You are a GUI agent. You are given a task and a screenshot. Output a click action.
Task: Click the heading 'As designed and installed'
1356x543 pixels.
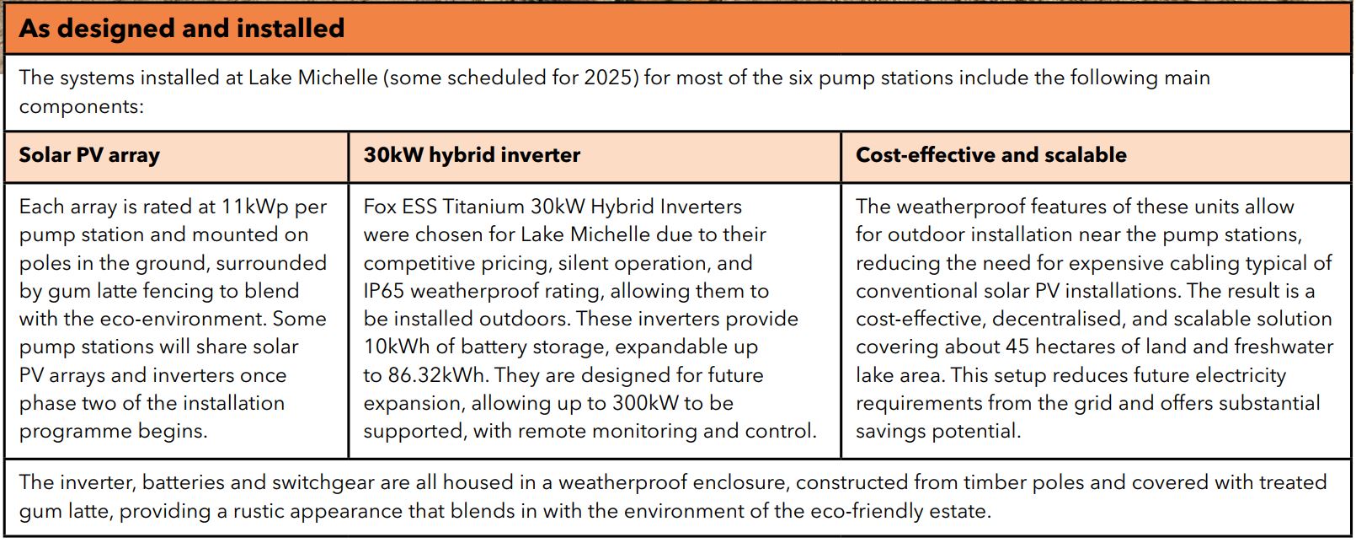[182, 29]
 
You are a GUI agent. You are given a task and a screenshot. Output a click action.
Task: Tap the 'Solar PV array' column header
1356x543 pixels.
[89, 155]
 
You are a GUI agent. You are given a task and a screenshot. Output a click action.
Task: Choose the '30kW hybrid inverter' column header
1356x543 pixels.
[472, 155]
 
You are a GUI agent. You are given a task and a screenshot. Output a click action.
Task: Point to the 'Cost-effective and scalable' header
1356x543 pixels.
[990, 155]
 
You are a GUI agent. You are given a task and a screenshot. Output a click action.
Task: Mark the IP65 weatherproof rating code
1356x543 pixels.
[385, 291]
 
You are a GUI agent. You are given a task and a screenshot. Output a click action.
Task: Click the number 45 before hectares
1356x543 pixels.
[1017, 347]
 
